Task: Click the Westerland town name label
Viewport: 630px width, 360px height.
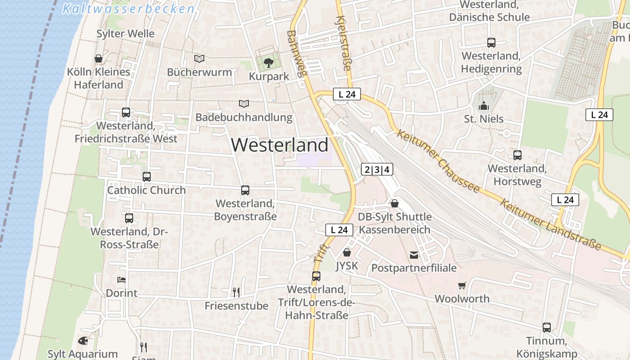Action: (x=279, y=145)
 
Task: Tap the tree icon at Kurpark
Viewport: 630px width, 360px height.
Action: (x=269, y=63)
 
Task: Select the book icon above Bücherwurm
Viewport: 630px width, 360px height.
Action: (x=199, y=58)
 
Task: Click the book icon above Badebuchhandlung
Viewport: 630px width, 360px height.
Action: (x=244, y=104)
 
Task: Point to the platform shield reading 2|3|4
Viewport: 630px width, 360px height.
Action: (x=377, y=169)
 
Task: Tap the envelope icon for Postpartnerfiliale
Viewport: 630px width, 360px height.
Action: (x=414, y=255)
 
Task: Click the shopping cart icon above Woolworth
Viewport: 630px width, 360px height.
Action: (x=462, y=286)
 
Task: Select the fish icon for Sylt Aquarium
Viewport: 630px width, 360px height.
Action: (x=83, y=341)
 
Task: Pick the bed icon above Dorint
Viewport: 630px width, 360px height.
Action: (x=121, y=280)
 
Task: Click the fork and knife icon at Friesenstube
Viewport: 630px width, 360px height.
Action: (x=236, y=292)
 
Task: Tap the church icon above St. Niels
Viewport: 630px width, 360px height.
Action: (x=484, y=106)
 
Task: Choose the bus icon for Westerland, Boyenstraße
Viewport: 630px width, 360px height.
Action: (x=245, y=190)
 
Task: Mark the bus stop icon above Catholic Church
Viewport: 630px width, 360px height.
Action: (x=147, y=177)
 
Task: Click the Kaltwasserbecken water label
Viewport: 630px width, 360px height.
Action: (x=129, y=9)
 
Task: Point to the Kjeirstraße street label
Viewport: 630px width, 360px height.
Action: (x=343, y=43)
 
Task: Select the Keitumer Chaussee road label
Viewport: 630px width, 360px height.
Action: (x=438, y=161)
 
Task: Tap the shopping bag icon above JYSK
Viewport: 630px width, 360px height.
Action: (x=347, y=252)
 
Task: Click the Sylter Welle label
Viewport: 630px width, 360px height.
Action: (x=126, y=34)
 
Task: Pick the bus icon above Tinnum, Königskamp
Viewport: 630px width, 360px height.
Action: (x=547, y=328)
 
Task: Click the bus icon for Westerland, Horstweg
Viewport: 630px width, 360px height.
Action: (x=517, y=155)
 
